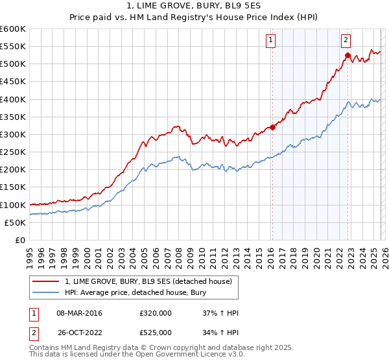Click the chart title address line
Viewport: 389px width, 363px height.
[194, 6]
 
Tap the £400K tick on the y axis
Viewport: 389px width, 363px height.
[13, 99]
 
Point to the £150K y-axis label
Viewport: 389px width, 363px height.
[13, 187]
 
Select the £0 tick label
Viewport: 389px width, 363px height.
[19, 240]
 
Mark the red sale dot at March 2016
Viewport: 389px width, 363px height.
[272, 127]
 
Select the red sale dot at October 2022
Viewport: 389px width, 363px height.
[348, 56]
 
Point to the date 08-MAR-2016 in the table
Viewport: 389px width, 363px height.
[80, 313]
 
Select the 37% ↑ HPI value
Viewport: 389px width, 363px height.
[220, 313]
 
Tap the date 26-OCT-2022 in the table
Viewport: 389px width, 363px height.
[80, 333]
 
